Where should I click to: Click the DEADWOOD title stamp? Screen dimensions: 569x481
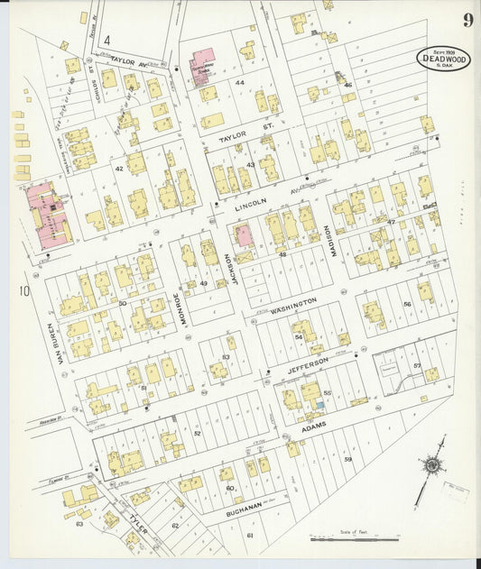coord(443,58)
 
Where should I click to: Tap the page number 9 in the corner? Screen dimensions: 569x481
coord(468,21)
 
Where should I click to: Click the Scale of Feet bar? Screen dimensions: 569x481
coord(355,538)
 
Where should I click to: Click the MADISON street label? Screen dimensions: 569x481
coord(332,240)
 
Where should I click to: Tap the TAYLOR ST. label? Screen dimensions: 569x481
coord(245,134)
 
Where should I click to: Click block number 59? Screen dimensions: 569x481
coord(347,460)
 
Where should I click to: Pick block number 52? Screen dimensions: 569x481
coord(197,434)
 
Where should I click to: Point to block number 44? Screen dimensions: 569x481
coord(239,83)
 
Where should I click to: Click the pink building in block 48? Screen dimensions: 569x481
coord(243,236)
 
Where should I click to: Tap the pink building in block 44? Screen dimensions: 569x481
coord(202,64)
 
